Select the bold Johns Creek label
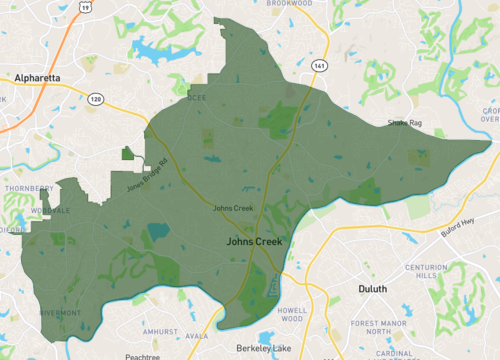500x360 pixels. coord(254,241)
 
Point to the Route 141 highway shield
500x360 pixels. coord(318,63)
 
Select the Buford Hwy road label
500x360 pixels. coord(457,227)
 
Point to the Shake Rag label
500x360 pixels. coord(404,123)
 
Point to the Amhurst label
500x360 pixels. coord(160,329)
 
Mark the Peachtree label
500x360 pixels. coord(142,356)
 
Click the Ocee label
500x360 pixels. coord(196,99)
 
